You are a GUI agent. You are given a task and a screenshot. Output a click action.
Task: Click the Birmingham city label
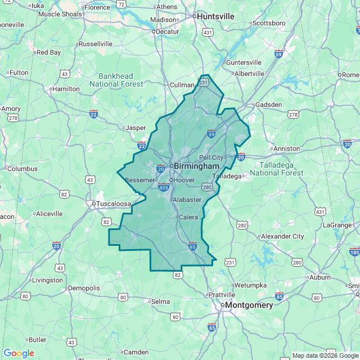(196, 166)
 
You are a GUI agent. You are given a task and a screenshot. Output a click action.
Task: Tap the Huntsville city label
(215, 17)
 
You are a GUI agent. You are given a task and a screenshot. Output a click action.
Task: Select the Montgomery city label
(249, 305)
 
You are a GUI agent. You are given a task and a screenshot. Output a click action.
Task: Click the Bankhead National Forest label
(116, 80)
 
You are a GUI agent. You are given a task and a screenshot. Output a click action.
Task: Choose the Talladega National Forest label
(281, 169)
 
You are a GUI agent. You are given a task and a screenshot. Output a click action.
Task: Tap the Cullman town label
(182, 85)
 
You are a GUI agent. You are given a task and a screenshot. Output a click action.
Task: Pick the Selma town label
(160, 301)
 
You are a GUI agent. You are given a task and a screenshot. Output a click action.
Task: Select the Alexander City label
(282, 236)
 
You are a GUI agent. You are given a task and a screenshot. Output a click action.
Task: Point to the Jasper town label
(135, 128)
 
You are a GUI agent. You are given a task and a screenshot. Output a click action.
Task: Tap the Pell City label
(211, 157)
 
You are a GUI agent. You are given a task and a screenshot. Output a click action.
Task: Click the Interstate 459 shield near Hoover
(163, 188)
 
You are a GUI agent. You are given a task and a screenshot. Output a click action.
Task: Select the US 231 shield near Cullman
(203, 83)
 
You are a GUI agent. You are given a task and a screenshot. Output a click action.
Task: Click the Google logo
(19, 353)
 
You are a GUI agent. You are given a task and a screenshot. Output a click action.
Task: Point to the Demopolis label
(83, 288)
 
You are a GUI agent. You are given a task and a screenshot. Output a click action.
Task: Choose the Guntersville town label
(243, 62)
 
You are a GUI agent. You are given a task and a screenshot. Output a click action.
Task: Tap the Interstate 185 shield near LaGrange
(354, 251)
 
